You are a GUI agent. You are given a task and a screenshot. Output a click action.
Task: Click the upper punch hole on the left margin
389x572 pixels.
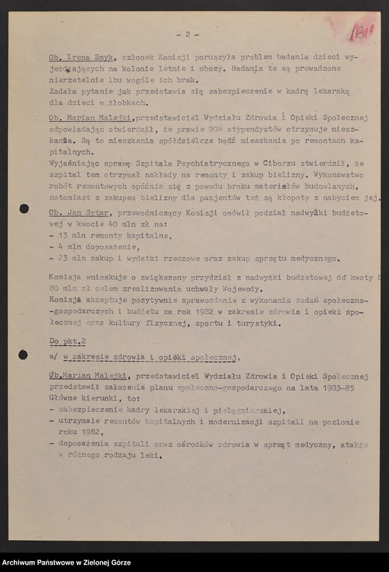pos(24,208)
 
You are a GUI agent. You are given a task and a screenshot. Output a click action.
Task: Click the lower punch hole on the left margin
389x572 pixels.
pos(23,355)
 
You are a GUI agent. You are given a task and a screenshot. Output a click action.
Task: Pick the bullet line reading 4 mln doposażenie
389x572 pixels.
pos(98,247)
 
